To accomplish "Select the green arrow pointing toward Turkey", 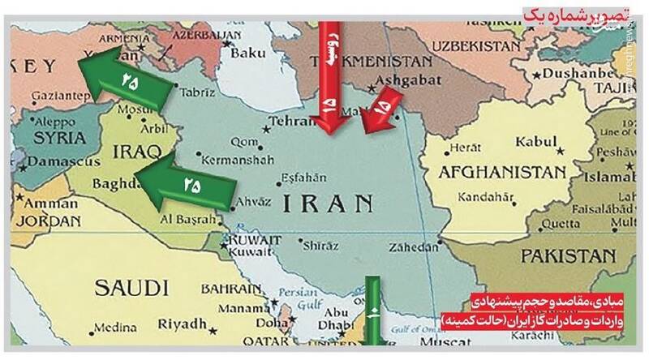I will pos(122,78).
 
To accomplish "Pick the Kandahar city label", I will pos(484,197).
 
